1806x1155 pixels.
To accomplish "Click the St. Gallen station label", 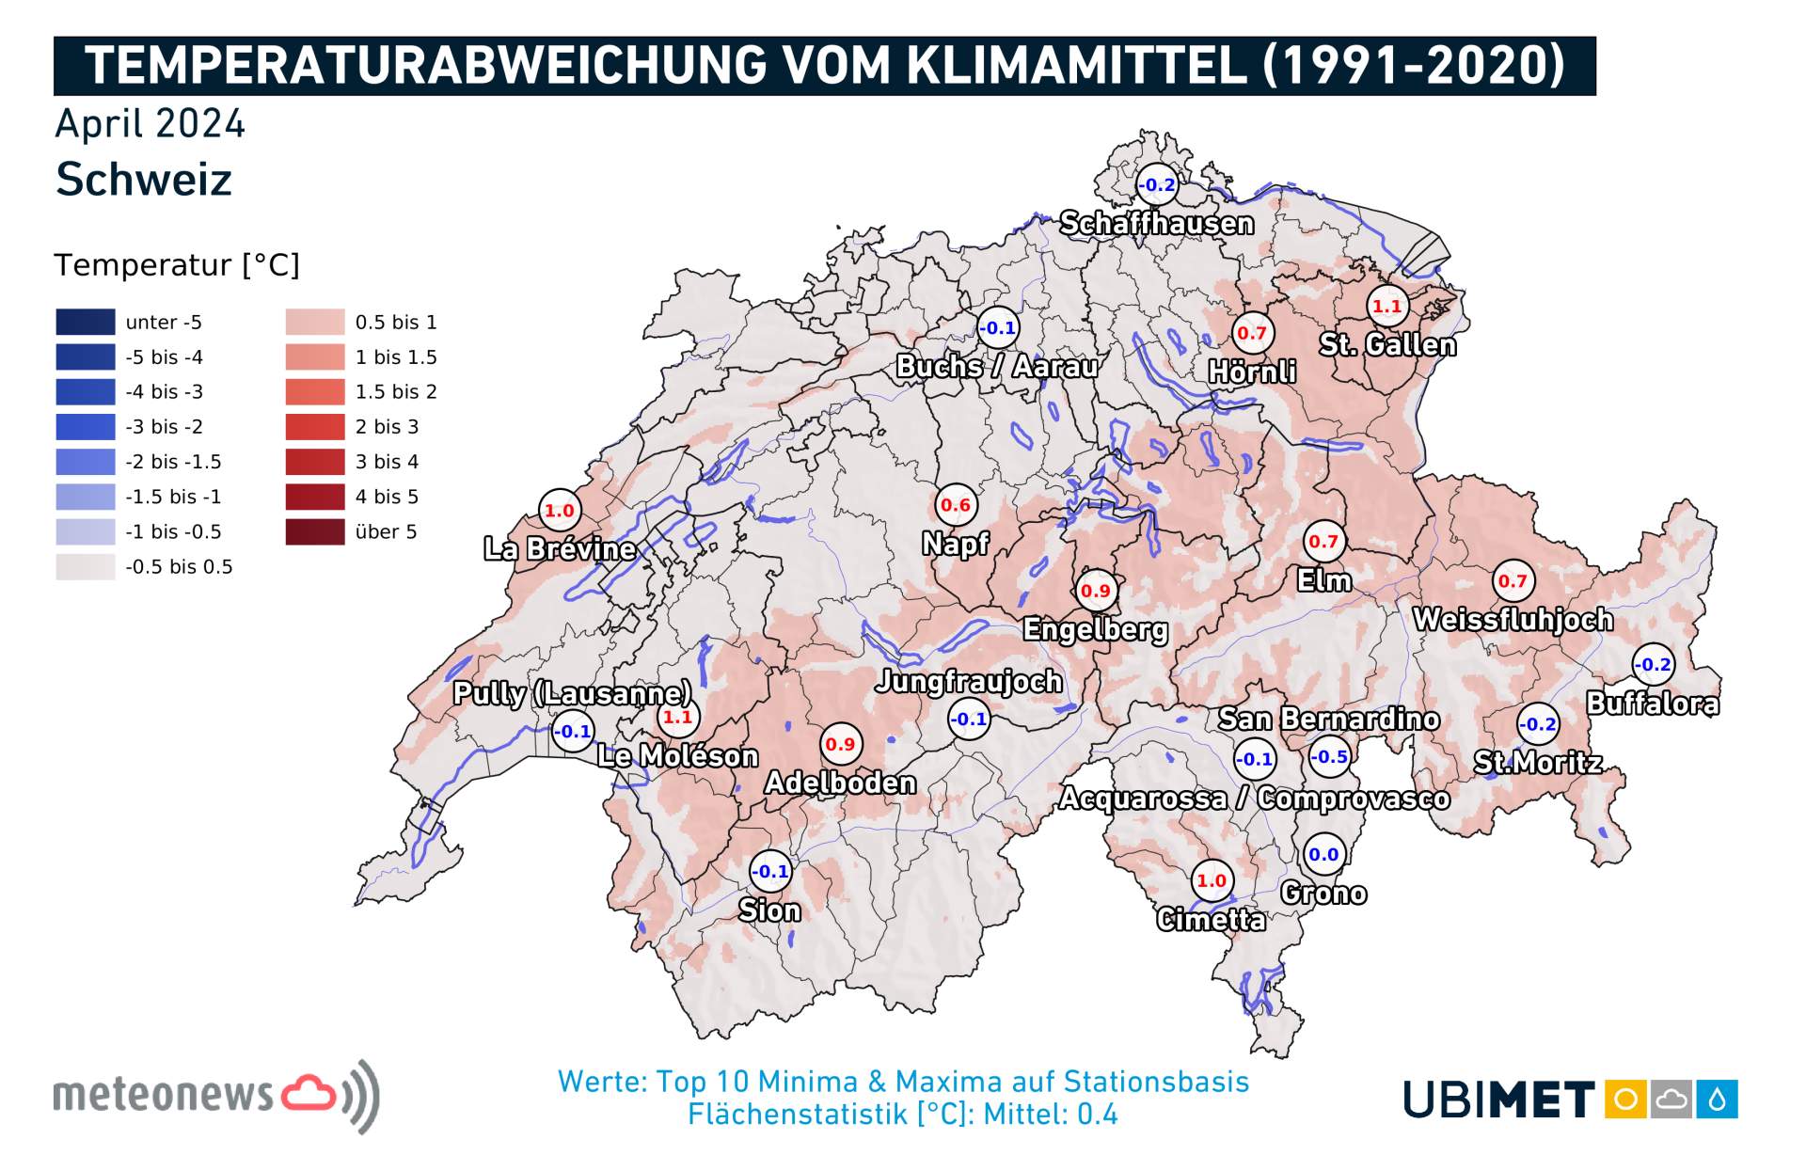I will point(1387,345).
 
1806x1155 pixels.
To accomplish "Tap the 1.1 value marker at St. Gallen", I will point(1386,306).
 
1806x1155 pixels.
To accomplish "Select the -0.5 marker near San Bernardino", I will point(1329,757).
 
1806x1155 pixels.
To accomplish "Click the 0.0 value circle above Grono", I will point(1323,854).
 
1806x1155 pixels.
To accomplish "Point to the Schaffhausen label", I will point(1156,224).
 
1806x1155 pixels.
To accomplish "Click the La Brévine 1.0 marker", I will point(559,511).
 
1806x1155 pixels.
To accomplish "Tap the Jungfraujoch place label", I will point(968,682).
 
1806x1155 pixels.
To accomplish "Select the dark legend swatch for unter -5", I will point(86,322).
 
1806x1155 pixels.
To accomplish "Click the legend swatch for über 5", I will point(315,531).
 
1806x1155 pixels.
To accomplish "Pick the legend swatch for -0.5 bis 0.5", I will point(86,566).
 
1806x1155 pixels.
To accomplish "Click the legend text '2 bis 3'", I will point(387,427).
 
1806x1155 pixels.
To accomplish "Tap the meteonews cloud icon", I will point(309,1093).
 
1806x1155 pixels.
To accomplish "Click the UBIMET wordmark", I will point(1498,1099).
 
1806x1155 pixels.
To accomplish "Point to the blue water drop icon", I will point(1718,1099).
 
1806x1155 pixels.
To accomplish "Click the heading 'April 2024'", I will point(150,124).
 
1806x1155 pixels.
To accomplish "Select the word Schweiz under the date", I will point(144,179).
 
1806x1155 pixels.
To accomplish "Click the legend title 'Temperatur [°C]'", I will point(177,265).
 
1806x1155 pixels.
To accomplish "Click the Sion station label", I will point(769,910).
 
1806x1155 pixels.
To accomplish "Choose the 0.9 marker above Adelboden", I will point(840,744).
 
